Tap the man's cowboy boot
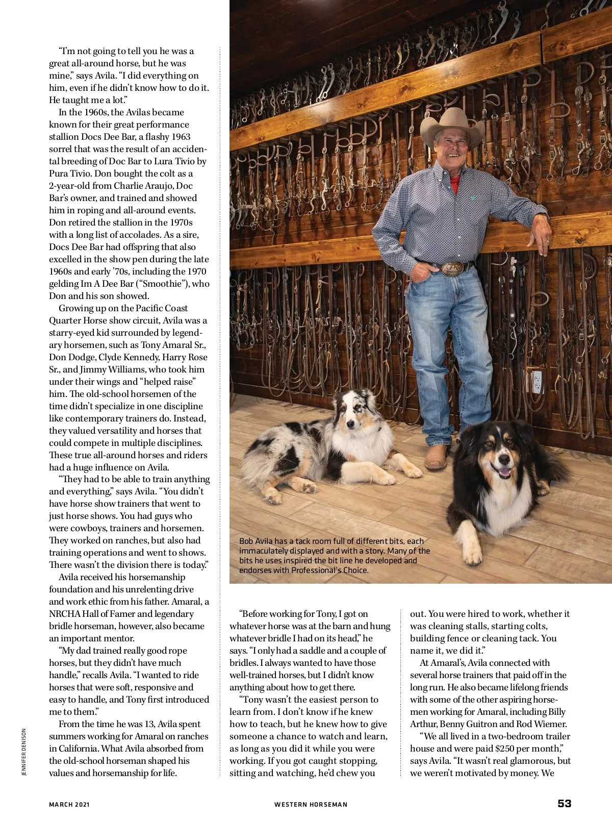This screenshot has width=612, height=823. (437, 457)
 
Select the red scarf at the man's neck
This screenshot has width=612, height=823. (455, 184)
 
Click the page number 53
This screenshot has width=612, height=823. (564, 804)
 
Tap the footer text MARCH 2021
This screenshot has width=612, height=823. (69, 805)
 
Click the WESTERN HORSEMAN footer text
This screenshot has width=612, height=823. (311, 805)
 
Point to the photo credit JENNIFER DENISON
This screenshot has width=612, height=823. (23, 753)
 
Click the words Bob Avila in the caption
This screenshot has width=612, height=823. (256, 541)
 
